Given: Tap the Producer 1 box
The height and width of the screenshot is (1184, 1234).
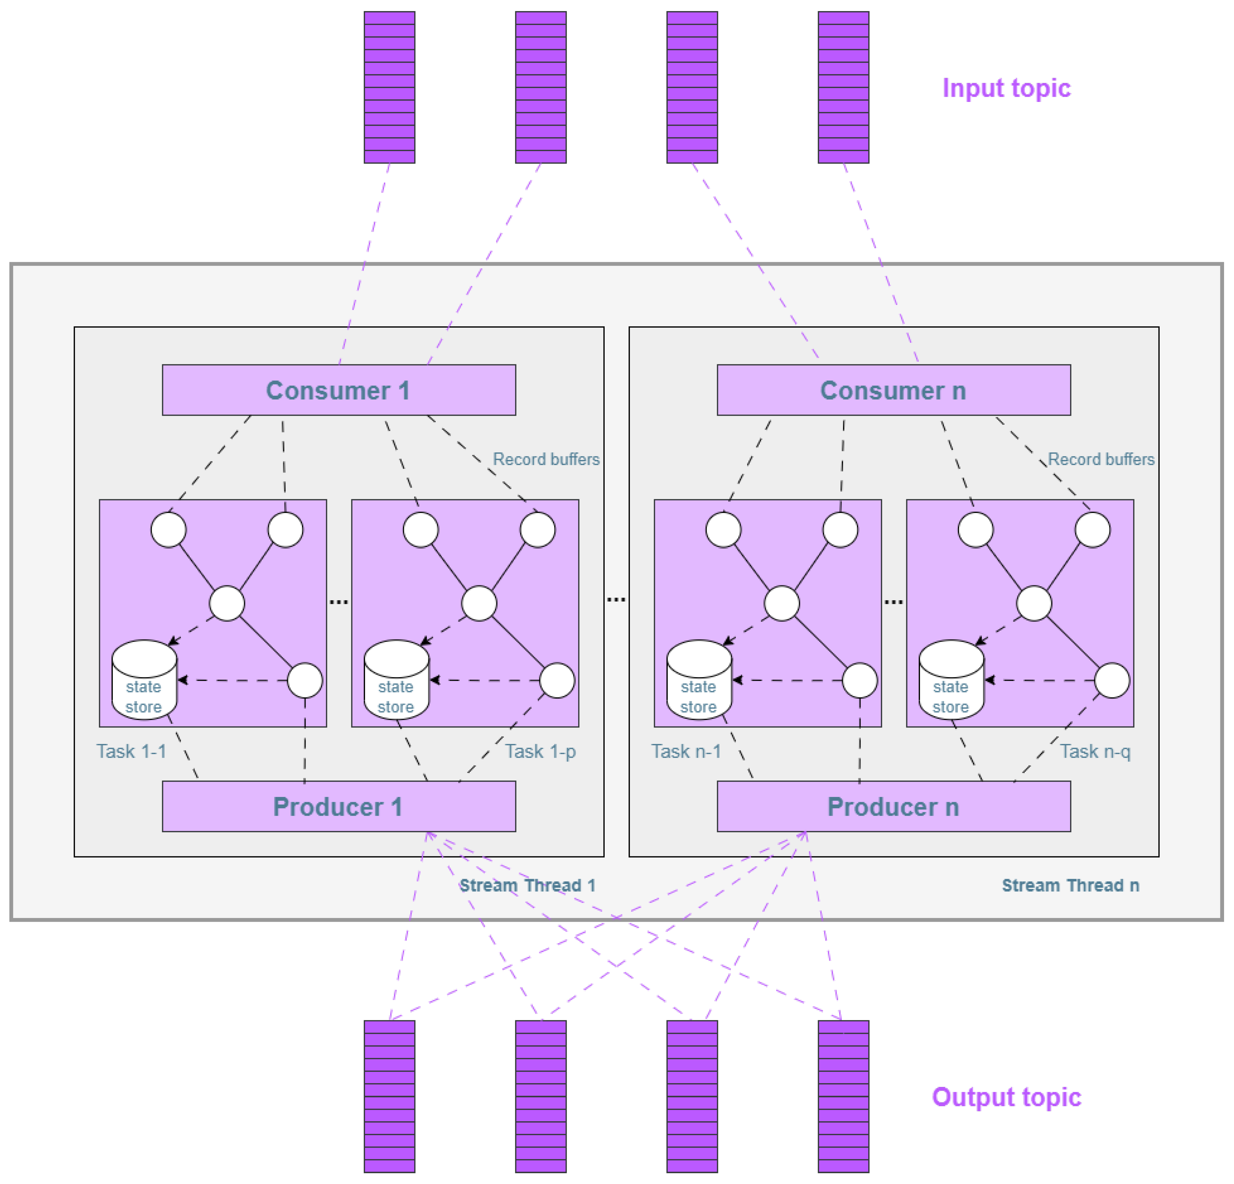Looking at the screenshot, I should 339,806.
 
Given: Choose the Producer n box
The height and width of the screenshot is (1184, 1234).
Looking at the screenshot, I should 893,806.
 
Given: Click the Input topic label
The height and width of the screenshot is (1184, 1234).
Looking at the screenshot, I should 1006,88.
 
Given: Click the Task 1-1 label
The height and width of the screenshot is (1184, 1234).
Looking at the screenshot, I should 131,751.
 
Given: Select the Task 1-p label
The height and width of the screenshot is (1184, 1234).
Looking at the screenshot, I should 540,751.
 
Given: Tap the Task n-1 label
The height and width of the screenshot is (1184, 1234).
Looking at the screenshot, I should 686,751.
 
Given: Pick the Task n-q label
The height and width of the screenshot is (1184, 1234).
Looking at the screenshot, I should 1095,751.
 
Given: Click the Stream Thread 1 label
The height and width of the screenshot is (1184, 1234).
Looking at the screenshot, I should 527,885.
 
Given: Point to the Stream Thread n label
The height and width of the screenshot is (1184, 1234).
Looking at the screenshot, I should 1070,885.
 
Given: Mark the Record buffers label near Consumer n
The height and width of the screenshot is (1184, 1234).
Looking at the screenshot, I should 1101,459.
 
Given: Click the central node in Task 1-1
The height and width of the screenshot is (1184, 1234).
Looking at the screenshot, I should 227,603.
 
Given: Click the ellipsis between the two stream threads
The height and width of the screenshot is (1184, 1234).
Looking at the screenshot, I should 616,599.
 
